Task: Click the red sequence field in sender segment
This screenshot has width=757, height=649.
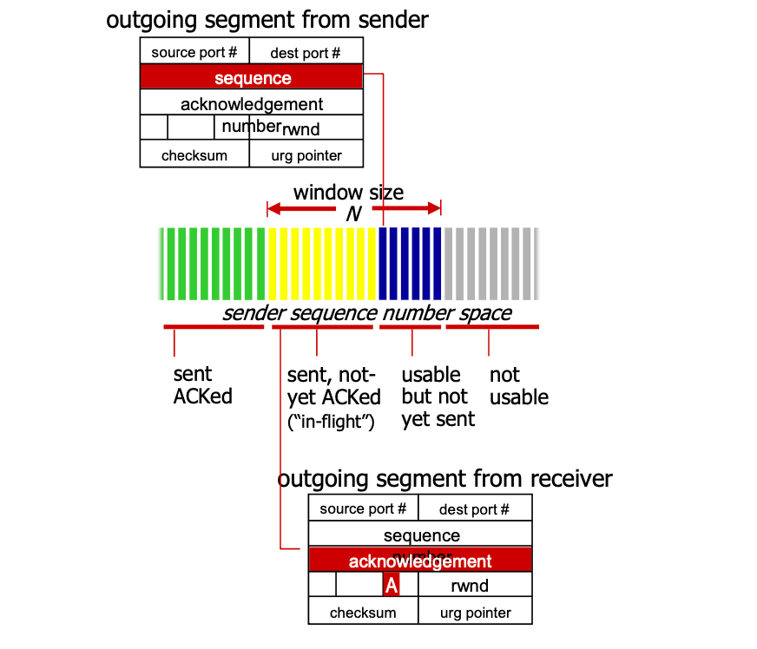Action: point(251,78)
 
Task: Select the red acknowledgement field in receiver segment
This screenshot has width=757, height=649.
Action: point(420,560)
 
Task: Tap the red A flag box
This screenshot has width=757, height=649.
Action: point(392,586)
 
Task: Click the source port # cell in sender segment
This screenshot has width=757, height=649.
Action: point(194,52)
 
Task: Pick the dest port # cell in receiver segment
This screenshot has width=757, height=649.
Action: point(474,509)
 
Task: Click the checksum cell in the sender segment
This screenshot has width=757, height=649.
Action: point(194,155)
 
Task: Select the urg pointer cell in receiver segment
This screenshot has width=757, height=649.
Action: point(474,613)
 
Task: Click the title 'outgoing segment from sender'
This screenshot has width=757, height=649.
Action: point(267,19)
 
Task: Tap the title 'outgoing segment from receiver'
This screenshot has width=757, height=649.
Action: point(444,478)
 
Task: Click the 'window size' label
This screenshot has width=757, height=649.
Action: point(348,192)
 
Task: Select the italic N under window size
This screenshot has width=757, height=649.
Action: point(353,213)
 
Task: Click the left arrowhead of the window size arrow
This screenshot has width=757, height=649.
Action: point(273,208)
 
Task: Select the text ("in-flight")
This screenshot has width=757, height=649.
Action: point(329,423)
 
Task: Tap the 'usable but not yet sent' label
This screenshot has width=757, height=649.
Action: point(438,397)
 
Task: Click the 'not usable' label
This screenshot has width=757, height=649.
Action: point(518,386)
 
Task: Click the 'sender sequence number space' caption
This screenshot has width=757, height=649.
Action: point(366,313)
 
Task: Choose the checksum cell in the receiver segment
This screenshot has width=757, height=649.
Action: point(363,613)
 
